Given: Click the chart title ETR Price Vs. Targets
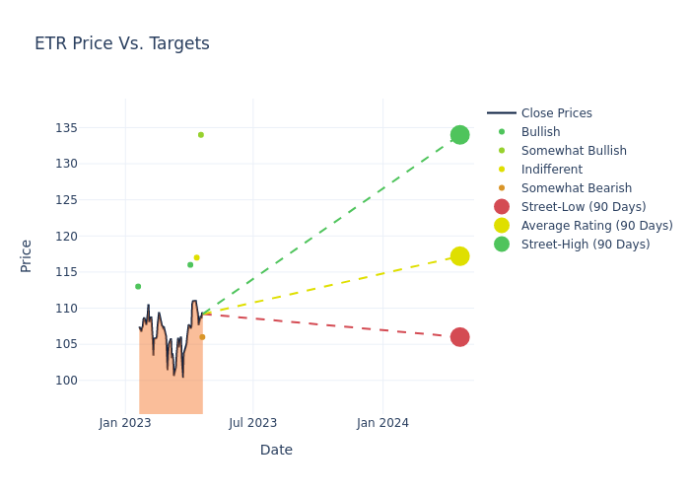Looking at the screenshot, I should click(122, 44).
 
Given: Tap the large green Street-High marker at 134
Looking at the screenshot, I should click(459, 135).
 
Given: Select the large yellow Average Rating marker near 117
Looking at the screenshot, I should click(459, 256).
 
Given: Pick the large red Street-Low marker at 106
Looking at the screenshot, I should click(459, 337).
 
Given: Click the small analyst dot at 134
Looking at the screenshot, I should click(201, 135).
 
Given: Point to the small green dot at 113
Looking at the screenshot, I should click(138, 287).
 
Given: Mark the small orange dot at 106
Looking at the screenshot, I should click(202, 337).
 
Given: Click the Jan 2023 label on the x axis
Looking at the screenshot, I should click(125, 424).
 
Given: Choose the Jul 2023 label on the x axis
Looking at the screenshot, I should click(253, 424).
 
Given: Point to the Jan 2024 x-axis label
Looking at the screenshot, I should click(382, 424).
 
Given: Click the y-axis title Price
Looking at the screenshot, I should click(27, 255).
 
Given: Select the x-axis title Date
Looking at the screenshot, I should click(276, 451).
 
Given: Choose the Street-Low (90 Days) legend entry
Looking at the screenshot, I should click(583, 207).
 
